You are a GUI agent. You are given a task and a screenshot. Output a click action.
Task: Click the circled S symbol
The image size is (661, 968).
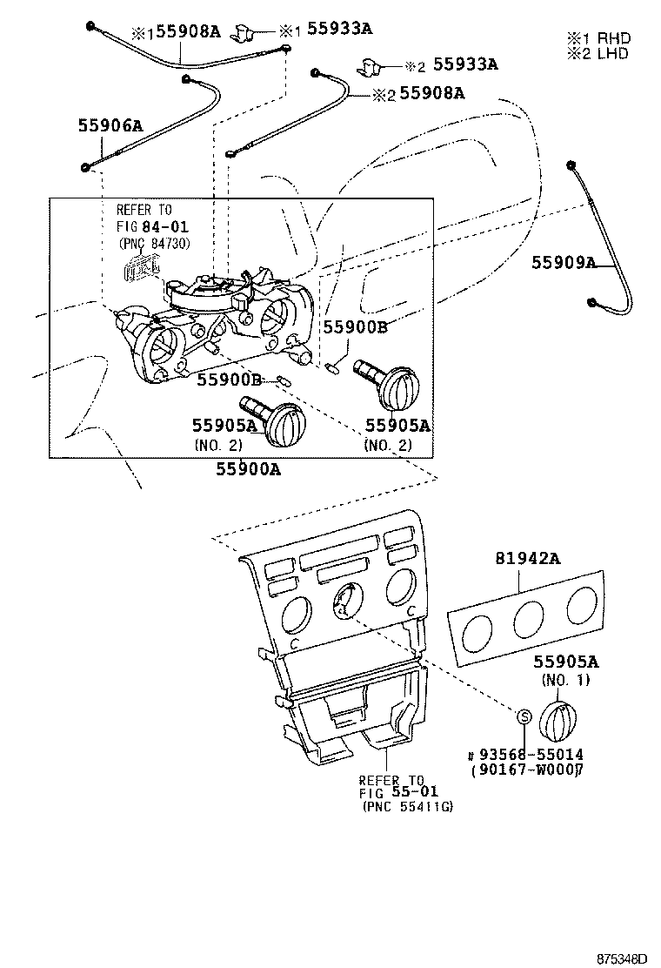[x=524, y=716]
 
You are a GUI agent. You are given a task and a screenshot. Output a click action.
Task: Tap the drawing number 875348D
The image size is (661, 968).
[x=622, y=958]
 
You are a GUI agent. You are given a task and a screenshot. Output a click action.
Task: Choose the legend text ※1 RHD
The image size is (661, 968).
[x=598, y=38]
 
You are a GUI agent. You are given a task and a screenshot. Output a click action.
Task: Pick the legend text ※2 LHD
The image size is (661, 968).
[x=598, y=53]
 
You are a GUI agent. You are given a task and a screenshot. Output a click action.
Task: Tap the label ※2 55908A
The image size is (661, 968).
[x=418, y=92]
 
